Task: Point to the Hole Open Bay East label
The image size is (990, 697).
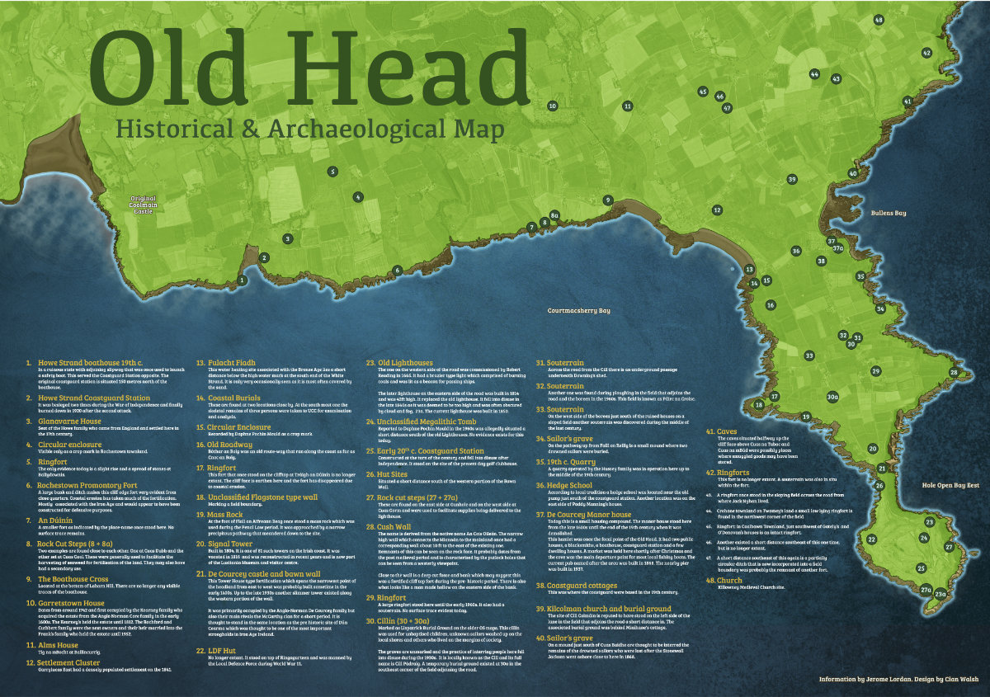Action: (x=950, y=486)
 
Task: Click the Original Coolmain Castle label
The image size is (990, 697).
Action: (x=142, y=204)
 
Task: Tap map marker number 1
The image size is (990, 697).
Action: (x=242, y=280)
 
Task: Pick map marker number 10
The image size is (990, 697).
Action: (x=553, y=106)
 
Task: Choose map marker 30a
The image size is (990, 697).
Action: (x=832, y=397)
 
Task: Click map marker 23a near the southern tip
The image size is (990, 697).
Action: (x=939, y=591)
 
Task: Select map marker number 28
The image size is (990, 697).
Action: (x=954, y=373)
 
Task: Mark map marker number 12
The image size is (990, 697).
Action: (x=717, y=210)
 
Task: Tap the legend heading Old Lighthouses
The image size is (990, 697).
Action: (x=405, y=362)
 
